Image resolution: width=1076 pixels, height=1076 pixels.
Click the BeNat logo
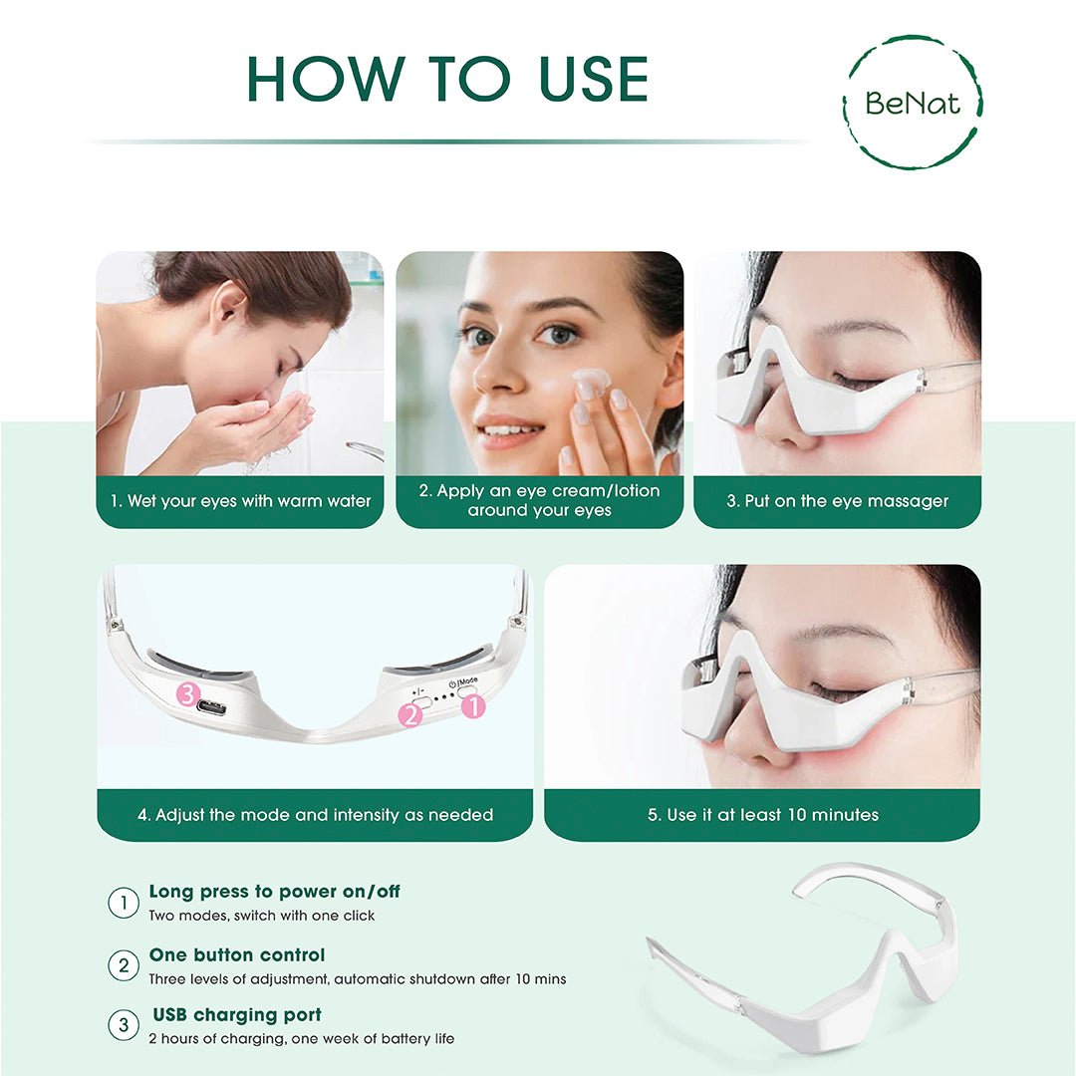pos(912,102)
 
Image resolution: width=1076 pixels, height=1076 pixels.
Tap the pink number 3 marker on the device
pos(189,694)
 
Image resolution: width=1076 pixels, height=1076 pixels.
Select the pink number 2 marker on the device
pos(410,713)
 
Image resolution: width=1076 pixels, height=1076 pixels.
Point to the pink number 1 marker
pos(472,706)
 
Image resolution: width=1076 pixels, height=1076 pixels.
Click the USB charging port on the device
pos(211,707)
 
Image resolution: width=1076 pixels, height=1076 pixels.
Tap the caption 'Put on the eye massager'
pos(837,501)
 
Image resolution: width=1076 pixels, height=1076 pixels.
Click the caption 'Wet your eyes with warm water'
pos(240,501)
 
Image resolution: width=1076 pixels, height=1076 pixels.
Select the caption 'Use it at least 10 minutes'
pos(762,814)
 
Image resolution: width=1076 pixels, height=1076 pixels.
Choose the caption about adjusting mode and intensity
pos(315,814)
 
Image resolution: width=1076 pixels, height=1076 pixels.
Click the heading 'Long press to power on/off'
pos(274,892)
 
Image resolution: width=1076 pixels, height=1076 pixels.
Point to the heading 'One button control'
pos(237,955)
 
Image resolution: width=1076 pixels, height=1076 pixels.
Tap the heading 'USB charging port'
pos(237,1015)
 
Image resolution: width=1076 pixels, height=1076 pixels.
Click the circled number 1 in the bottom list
pos(123,904)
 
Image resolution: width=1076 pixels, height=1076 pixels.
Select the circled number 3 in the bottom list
pos(123,1026)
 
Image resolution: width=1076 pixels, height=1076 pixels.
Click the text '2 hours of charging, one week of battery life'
pos(301,1039)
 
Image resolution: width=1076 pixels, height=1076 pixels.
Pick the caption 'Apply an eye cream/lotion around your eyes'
pos(539,501)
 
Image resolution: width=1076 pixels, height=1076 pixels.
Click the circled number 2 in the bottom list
pos(123,965)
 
